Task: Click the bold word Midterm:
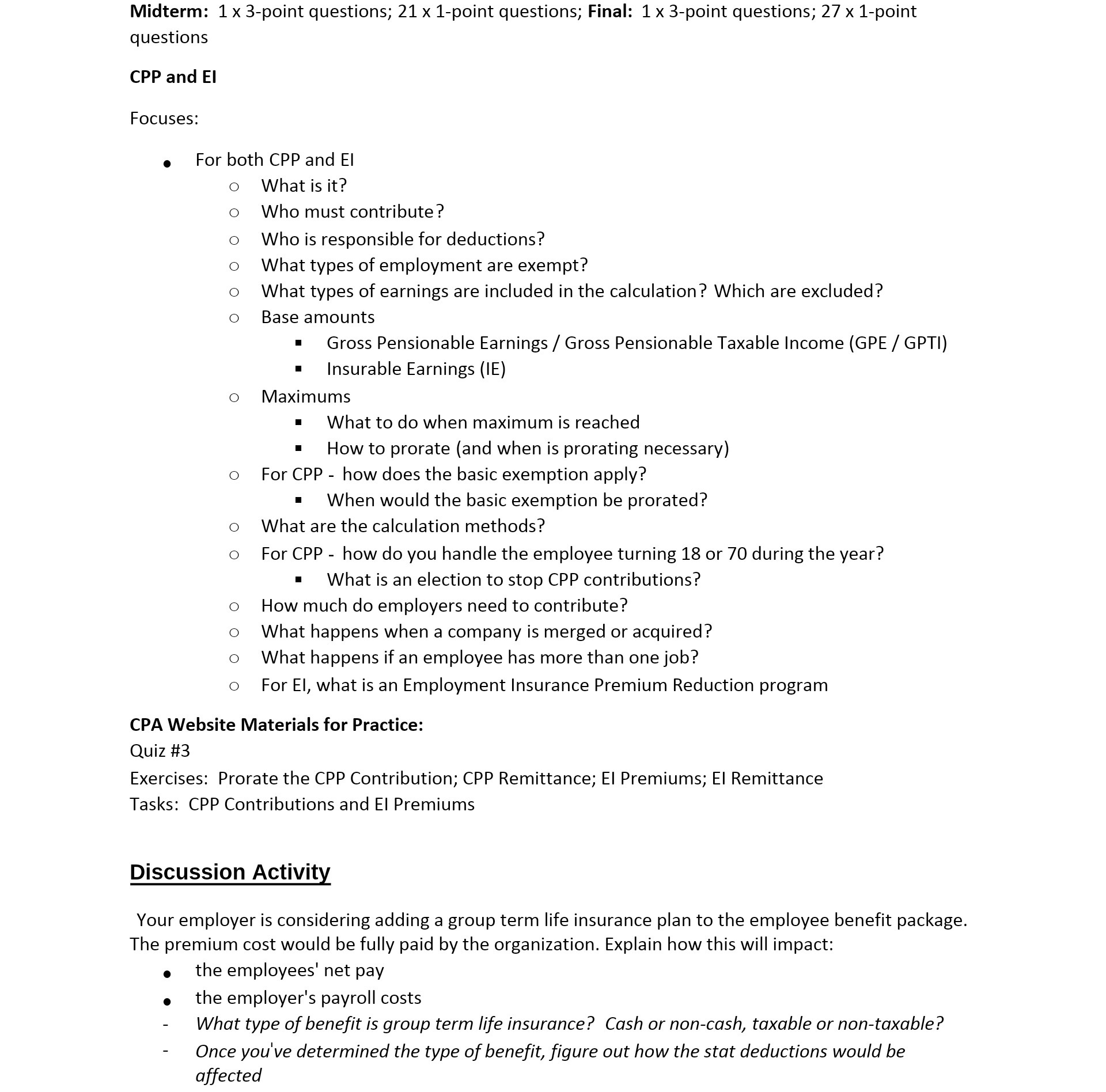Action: point(169,12)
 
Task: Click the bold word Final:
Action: point(609,12)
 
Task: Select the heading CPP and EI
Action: point(173,77)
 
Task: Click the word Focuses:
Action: point(164,118)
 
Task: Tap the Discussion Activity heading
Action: point(230,871)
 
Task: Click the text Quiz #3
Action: point(160,750)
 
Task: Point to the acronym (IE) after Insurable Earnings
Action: point(493,369)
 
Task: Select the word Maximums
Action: point(305,396)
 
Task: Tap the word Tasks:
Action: point(154,804)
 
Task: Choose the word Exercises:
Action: point(168,778)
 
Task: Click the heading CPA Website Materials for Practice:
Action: point(276,725)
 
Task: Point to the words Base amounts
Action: point(317,317)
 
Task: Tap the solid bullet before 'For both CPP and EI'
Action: point(167,164)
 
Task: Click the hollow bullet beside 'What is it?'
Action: point(234,187)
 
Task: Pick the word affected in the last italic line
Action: point(228,1075)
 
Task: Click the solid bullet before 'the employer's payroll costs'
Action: point(167,1002)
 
